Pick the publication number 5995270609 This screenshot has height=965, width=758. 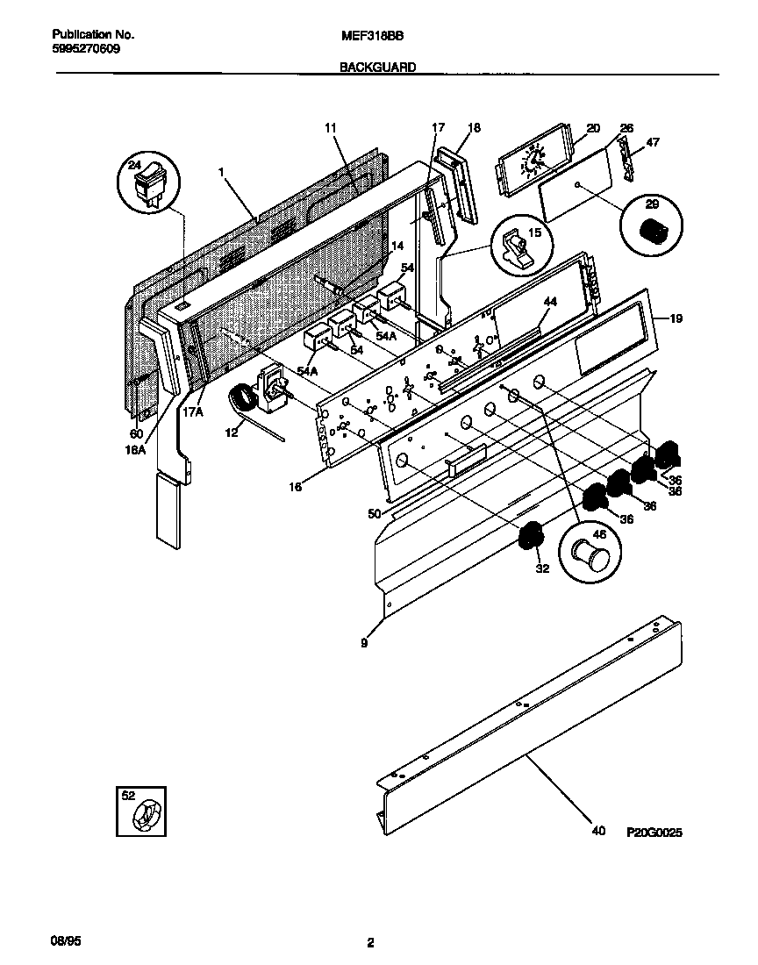pos(86,49)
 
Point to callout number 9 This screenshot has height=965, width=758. pos(364,643)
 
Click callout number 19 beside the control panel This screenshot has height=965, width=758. pos(675,318)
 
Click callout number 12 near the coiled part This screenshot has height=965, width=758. pos(232,432)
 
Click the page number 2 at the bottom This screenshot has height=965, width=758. pos(370,944)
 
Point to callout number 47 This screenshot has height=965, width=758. pos(653,141)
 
